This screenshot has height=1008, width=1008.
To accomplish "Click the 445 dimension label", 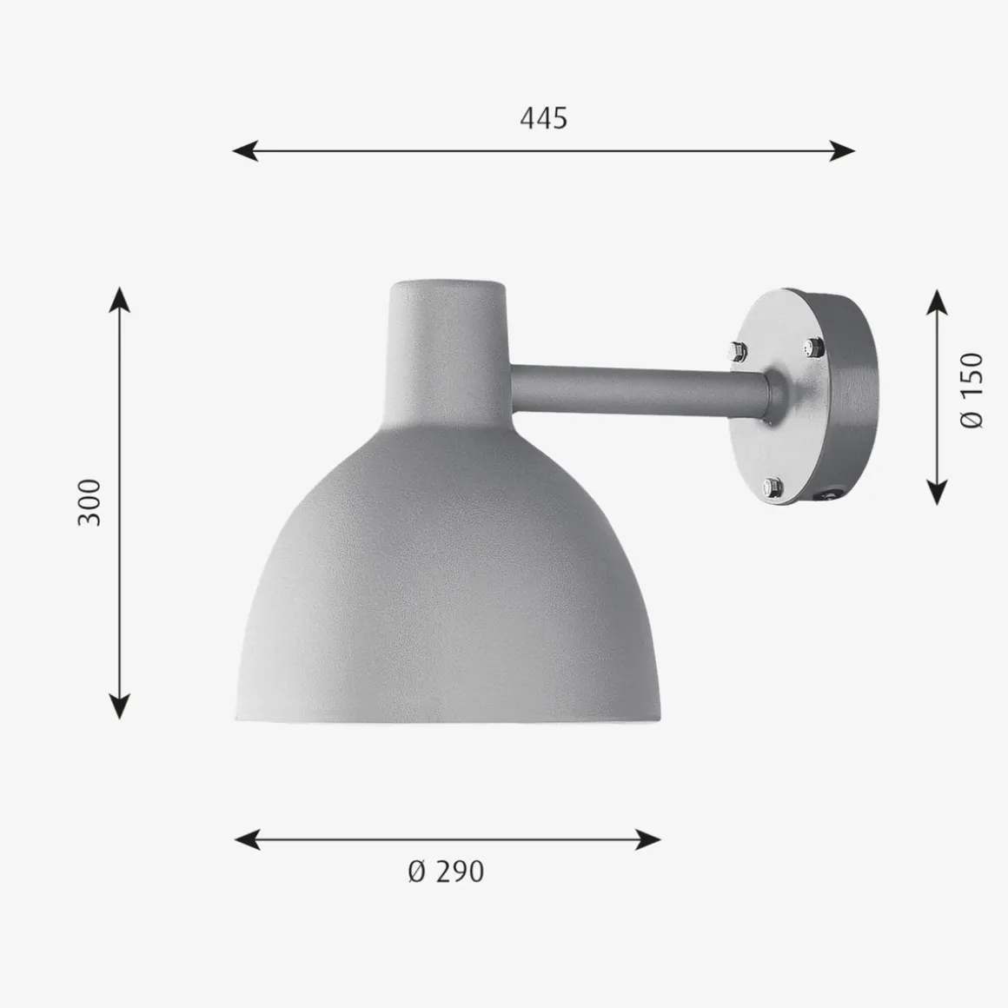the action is pos(543,119).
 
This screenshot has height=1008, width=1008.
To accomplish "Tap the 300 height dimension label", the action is pos(90,503).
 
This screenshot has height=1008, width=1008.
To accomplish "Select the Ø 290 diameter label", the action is pos(446,872).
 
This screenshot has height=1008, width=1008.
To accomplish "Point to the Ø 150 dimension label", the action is pos(972,390).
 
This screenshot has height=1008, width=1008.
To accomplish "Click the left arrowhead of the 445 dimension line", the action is pos(244,151).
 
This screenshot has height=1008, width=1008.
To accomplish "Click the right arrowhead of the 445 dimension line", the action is pos(842,151).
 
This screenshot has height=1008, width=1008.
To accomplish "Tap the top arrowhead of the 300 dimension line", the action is pos(120,299).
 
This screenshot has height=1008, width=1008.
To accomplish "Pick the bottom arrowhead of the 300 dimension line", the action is pos(120,706).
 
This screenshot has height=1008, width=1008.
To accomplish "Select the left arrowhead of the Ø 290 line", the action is pos(247,839).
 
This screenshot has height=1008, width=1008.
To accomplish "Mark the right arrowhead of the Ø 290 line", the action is pos(648,839).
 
